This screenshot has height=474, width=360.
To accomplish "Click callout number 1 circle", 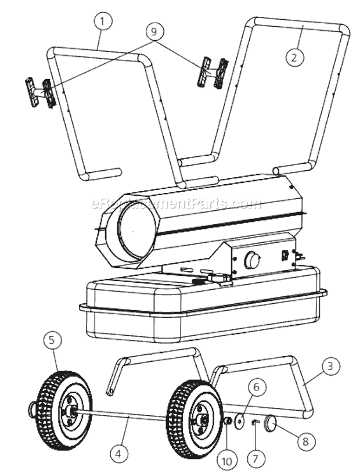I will pyautogui.click(x=102, y=22).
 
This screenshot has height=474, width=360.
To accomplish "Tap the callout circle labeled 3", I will pyautogui.click(x=330, y=367).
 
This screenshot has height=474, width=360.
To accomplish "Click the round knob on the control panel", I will pyautogui.click(x=252, y=260).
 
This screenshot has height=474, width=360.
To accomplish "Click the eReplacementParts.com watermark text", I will pyautogui.click(x=177, y=204).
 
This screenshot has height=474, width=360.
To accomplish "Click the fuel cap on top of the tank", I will pyautogui.click(x=218, y=279).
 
